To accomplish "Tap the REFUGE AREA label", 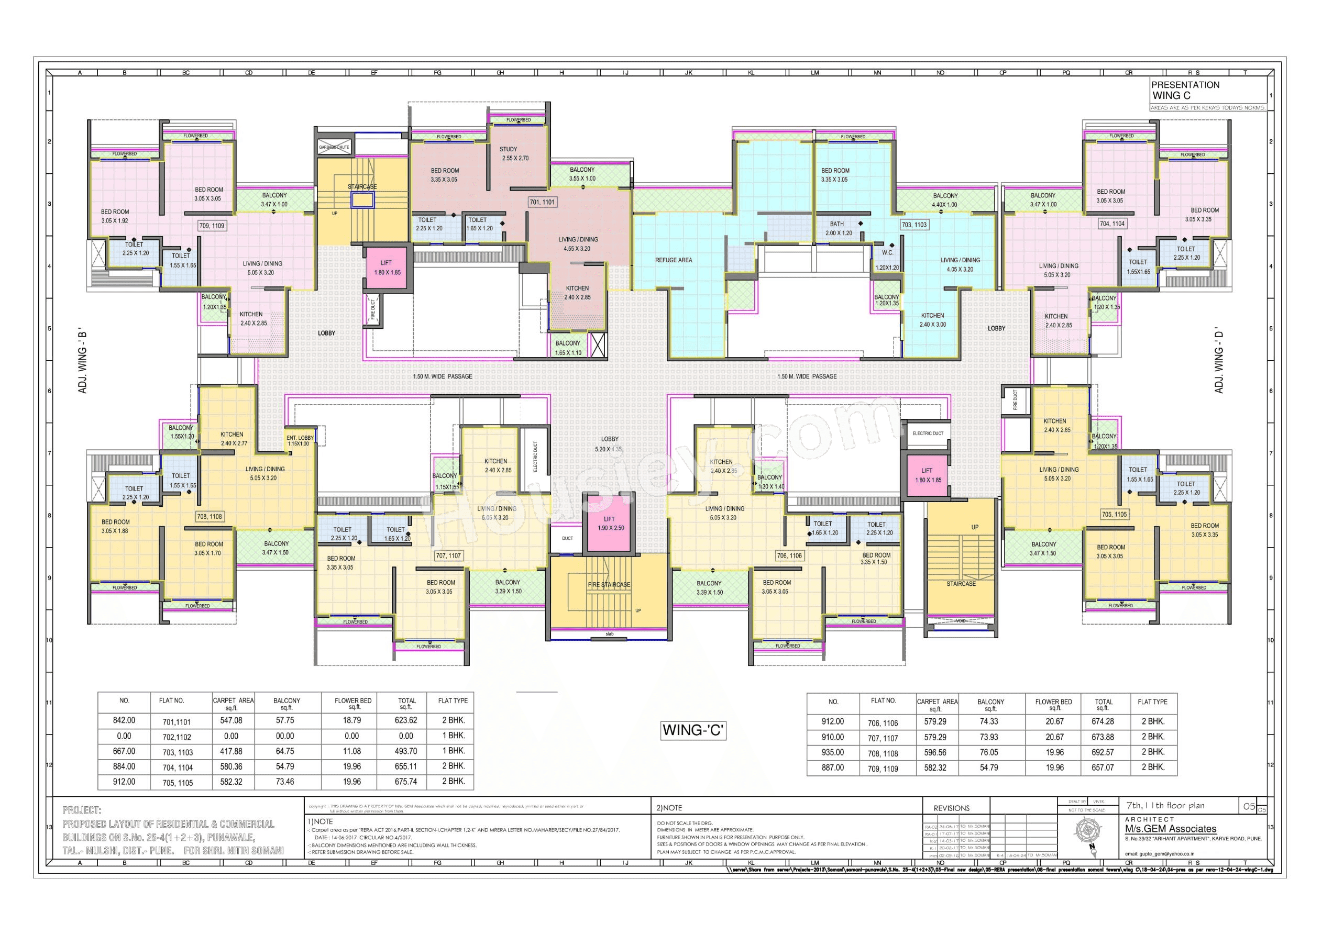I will pyautogui.click(x=673, y=260).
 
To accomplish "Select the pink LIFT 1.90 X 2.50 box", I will pyautogui.click(x=610, y=524).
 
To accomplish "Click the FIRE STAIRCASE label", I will pyautogui.click(x=609, y=585).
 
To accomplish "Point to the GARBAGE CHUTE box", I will pyautogui.click(x=334, y=147).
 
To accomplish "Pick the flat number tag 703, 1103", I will pyautogui.click(x=914, y=225).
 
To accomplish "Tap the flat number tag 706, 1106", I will pyautogui.click(x=789, y=555).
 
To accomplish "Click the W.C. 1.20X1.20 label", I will pyautogui.click(x=887, y=260).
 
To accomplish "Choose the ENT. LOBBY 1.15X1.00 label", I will pyautogui.click(x=300, y=441).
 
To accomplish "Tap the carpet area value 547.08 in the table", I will pyautogui.click(x=231, y=720).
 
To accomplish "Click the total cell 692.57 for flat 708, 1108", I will pyautogui.click(x=1102, y=752).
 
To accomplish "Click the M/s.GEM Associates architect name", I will pyautogui.click(x=1171, y=829).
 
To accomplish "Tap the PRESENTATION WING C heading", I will pyautogui.click(x=1185, y=91).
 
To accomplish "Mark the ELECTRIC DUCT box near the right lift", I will pyautogui.click(x=928, y=433).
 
